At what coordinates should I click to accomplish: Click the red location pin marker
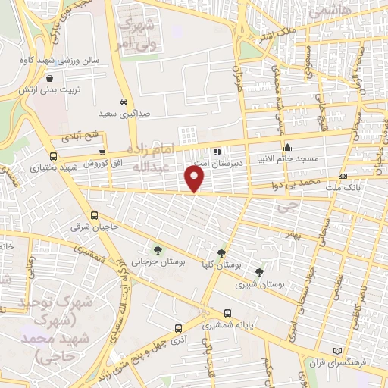[195, 179]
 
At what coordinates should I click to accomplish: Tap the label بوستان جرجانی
[156, 262]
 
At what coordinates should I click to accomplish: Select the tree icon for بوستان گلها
[221, 254]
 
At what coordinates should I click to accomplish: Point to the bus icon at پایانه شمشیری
[228, 313]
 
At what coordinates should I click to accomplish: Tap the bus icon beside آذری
[178, 328]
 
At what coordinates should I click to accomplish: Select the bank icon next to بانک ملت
[342, 176]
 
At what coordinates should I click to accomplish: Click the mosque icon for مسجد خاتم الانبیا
[286, 148]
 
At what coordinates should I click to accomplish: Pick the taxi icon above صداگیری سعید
[124, 102]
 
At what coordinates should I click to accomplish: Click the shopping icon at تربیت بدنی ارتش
[50, 77]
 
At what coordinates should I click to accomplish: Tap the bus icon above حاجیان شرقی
[94, 214]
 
